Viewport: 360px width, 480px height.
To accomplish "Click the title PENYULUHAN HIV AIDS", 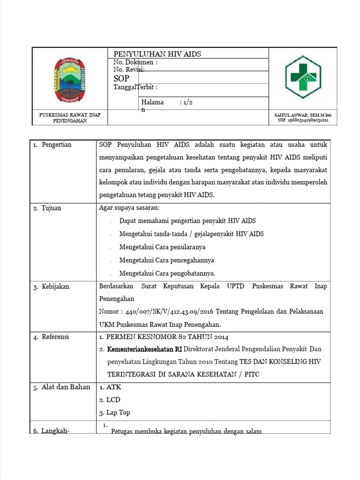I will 157,54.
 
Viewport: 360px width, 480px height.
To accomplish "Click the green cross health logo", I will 303,77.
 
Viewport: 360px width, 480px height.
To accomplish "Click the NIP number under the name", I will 303,120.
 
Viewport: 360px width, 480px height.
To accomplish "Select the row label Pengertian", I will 56,144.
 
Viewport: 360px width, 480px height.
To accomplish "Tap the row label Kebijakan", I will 55,286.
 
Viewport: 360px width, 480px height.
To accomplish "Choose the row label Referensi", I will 55,337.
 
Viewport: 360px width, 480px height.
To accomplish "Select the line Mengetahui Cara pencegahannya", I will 166,260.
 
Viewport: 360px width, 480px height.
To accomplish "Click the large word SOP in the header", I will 121,79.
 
